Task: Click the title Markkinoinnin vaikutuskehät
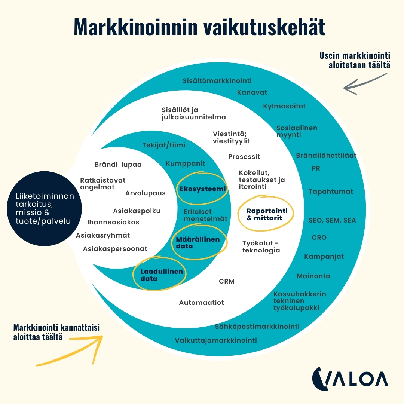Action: coord(199,27)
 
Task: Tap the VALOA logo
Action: coord(350,378)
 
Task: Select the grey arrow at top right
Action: coord(365,83)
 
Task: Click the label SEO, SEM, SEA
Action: coord(332,220)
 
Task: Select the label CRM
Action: coord(227,281)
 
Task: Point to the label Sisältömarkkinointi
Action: coord(217,80)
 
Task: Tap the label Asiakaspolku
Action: coord(137,211)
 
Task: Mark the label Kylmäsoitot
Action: coord(284,106)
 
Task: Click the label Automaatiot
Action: coord(201,303)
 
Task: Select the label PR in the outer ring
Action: coord(316,168)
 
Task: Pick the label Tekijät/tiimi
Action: coord(164,145)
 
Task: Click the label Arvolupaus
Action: coord(145,193)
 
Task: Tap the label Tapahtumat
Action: coord(331,192)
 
